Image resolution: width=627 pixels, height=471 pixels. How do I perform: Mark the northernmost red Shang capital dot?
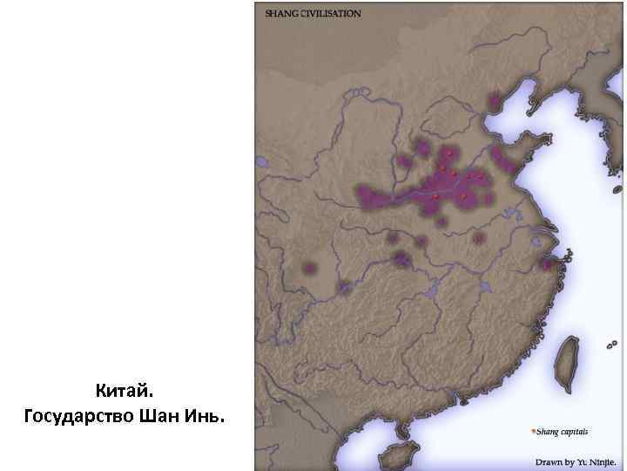(x=448, y=153)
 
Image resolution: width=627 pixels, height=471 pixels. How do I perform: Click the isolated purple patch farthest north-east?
(x=495, y=102)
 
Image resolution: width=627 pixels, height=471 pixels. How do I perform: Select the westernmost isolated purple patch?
(x=308, y=268)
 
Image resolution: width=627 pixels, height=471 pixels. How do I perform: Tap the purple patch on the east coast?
(x=547, y=264)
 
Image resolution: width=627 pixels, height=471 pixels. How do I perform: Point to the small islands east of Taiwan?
(x=610, y=346)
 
